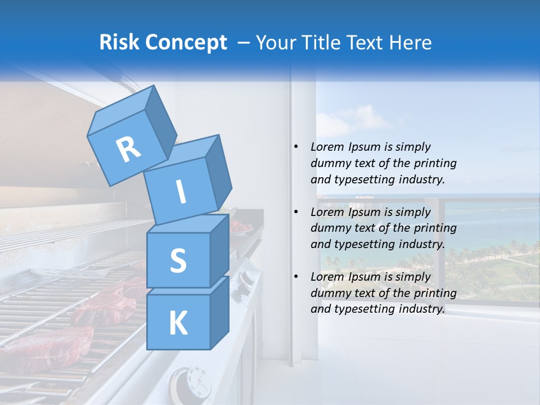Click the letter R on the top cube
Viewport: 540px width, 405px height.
tap(129, 149)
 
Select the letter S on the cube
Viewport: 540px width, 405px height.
tap(178, 260)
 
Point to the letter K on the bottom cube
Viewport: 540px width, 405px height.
tap(178, 323)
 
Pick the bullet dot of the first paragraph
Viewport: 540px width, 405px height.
tap(296, 147)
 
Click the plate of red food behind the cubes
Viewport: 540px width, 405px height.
tap(240, 227)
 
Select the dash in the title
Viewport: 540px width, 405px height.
tap(245, 42)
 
